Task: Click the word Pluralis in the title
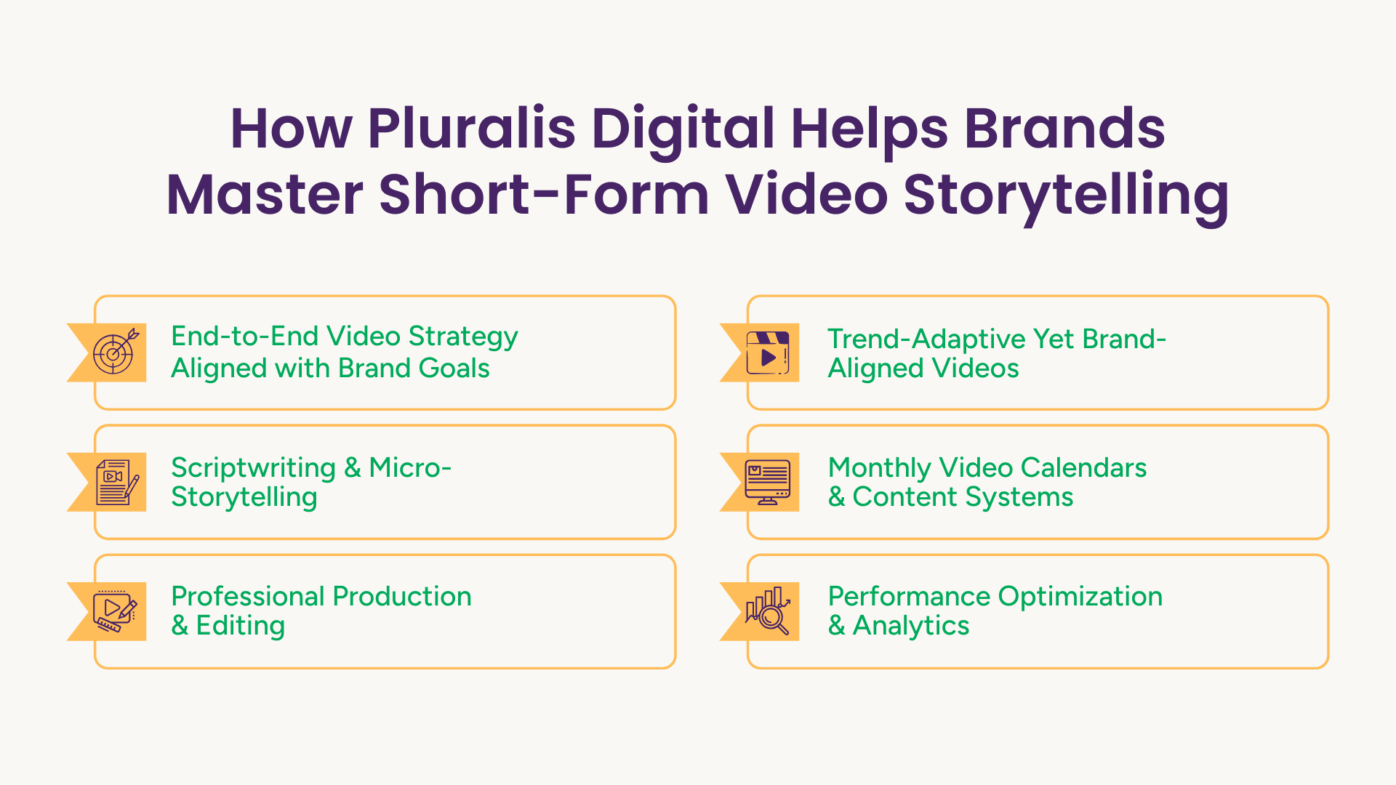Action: click(x=472, y=128)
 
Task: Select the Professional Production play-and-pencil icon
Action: click(x=115, y=611)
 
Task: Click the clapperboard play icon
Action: click(x=768, y=353)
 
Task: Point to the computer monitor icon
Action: click(x=768, y=482)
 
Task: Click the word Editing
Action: click(x=241, y=627)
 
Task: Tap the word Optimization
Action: click(x=1080, y=597)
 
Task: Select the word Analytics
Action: click(x=911, y=627)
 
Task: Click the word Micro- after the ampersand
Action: click(x=410, y=468)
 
